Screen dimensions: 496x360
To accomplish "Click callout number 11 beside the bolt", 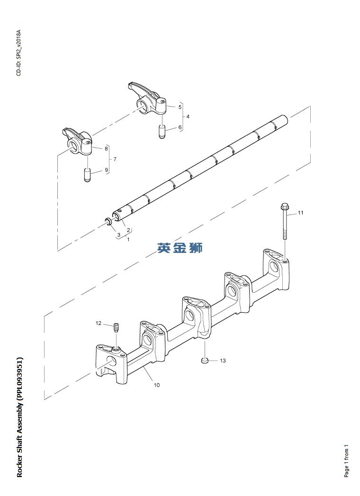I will (x=300, y=213).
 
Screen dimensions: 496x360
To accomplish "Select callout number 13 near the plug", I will (x=223, y=361).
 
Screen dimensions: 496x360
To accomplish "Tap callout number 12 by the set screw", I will (x=99, y=323).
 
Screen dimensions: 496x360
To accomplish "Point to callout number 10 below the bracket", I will (x=157, y=385).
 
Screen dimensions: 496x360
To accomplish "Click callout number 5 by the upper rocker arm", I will (x=180, y=107).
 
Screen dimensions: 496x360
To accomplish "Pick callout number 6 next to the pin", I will (x=180, y=127).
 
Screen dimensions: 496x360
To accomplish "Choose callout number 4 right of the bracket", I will (x=188, y=117).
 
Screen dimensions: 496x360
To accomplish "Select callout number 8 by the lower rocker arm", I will (x=106, y=149).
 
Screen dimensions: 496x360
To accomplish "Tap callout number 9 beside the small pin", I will (x=106, y=170).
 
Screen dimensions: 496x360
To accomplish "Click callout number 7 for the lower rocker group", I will (x=115, y=159).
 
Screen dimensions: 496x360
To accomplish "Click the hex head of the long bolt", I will (x=285, y=207).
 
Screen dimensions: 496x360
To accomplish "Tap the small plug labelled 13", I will (x=205, y=361).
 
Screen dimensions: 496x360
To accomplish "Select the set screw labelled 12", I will (x=116, y=327).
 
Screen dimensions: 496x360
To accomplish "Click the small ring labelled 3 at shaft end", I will (x=108, y=221).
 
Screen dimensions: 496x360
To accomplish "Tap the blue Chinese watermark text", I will (x=180, y=247).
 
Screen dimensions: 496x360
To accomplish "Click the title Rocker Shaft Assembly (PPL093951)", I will (x=19, y=417).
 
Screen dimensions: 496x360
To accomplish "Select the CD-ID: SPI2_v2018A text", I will (x=19, y=53).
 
